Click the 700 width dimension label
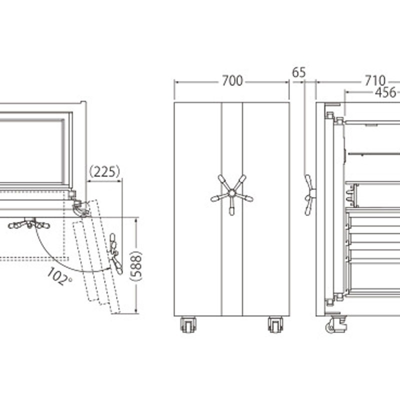[232, 81]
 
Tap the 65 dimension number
[298, 72]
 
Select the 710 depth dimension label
[374, 81]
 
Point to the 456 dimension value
[385, 92]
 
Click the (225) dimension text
[104, 171]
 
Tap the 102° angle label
[59, 276]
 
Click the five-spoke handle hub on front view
[232, 193]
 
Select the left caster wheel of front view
[188, 324]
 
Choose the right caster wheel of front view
[275, 324]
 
